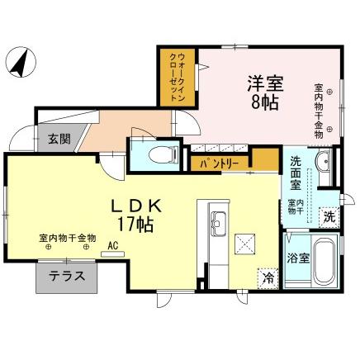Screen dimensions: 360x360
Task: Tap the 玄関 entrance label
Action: [x=57, y=138]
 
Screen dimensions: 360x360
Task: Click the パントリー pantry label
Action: [x=218, y=163]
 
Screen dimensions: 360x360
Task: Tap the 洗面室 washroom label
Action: [x=298, y=169]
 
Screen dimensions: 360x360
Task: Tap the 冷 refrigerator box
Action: [x=268, y=277]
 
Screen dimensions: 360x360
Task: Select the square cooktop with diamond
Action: [x=245, y=244]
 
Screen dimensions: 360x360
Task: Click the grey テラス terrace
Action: [x=66, y=277]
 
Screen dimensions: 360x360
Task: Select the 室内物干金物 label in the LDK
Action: [x=67, y=237]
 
